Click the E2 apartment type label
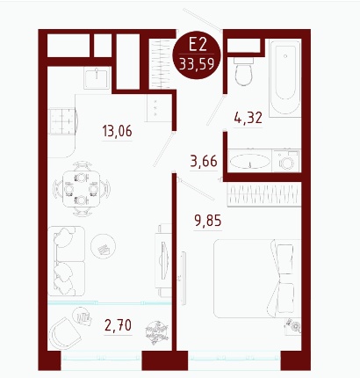tap(198, 46)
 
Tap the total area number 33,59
tap(197, 64)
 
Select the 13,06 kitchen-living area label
tap(117, 131)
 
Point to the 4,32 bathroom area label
tap(248, 118)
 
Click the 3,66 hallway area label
tap(204, 161)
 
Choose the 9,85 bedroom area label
tap(208, 221)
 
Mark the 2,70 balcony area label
tap(118, 325)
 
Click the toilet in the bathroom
tap(243, 71)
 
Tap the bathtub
tap(285, 78)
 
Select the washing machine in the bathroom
tap(286, 161)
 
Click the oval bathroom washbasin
tap(249, 161)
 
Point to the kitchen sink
tap(97, 77)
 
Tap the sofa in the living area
tap(66, 261)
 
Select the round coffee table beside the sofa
tap(103, 246)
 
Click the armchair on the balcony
tap(64, 333)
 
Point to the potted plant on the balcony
tap(157, 332)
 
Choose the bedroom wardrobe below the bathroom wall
tap(264, 194)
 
